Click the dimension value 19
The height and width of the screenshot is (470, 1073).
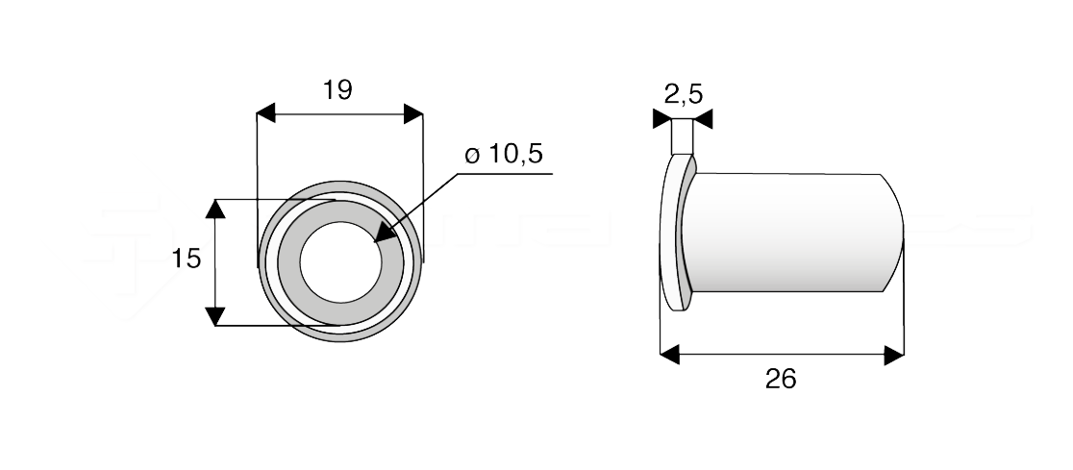click(x=337, y=90)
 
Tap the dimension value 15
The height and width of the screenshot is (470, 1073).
click(x=187, y=259)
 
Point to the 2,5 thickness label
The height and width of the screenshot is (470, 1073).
click(x=683, y=94)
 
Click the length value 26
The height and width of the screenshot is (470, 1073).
click(x=781, y=379)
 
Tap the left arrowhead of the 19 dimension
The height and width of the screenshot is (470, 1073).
click(x=266, y=112)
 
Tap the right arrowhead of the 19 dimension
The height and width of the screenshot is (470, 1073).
click(x=412, y=112)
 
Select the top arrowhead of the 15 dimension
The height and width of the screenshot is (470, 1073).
click(x=215, y=209)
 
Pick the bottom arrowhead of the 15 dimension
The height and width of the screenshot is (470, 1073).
click(x=215, y=316)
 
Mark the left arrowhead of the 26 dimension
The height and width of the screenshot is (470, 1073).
click(x=670, y=356)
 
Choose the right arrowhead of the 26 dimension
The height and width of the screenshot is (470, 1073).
click(x=894, y=356)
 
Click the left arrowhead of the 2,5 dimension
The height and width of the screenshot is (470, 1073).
click(x=661, y=119)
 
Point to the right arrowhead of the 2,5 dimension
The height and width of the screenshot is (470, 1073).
click(x=703, y=119)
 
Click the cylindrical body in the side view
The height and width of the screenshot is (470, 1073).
click(x=788, y=231)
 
